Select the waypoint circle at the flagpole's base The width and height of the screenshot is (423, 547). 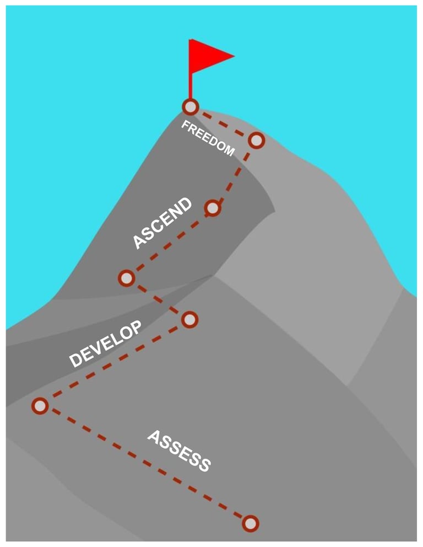click(190, 106)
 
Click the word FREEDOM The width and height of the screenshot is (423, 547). click(208, 138)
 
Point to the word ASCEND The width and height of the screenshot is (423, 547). click(163, 223)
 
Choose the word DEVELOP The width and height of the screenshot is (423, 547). click(105, 344)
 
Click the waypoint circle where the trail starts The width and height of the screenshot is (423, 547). click(250, 523)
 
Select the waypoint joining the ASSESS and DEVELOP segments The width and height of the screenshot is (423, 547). click(40, 406)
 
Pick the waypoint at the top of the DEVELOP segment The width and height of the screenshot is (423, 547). click(189, 319)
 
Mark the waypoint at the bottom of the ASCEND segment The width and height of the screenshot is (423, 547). click(127, 278)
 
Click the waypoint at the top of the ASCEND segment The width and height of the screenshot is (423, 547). click(213, 208)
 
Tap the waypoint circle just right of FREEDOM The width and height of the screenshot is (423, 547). click(256, 141)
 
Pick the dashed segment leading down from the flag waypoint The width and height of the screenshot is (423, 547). click(223, 124)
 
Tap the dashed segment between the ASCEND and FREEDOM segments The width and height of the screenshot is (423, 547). click(235, 174)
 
